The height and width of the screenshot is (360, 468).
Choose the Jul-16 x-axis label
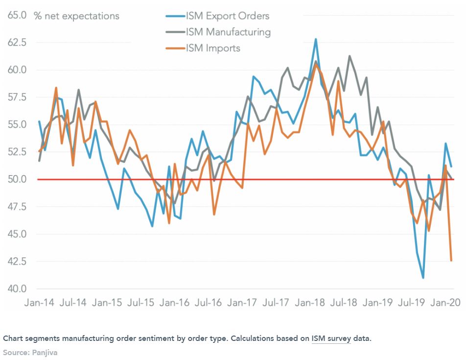coord(209,303)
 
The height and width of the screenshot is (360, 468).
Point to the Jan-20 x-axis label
coord(445,303)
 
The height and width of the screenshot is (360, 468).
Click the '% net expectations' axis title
coord(76,16)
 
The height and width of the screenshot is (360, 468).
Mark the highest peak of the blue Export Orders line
coord(316,39)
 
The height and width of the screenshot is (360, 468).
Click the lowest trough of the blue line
coord(423,278)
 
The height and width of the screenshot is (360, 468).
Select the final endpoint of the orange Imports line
coord(451,261)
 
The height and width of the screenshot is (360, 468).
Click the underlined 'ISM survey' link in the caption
coord(331,338)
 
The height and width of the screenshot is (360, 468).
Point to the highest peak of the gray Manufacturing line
coord(350,56)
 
